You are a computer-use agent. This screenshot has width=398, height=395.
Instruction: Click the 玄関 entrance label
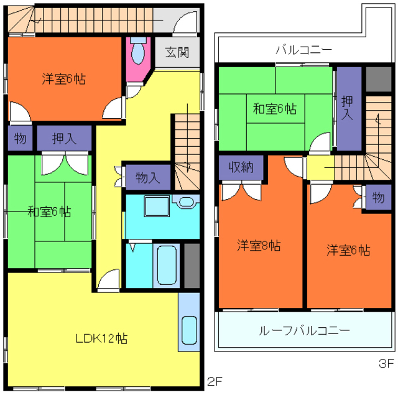tap(177, 52)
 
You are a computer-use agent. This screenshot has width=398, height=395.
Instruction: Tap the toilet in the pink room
tap(138, 50)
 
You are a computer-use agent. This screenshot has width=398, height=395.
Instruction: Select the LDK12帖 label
tap(101, 338)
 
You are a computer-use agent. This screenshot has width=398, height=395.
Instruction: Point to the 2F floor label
tap(215, 381)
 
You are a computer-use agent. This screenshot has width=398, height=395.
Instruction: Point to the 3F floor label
tap(386, 363)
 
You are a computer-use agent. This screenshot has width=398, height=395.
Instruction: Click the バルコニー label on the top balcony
tap(304, 50)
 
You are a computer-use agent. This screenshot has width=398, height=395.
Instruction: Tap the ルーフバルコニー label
tap(304, 330)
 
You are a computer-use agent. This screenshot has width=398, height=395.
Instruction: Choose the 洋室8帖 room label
tap(259, 245)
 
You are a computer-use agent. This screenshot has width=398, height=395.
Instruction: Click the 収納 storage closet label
tap(241, 167)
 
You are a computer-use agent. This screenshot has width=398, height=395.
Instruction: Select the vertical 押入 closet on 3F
tap(349, 109)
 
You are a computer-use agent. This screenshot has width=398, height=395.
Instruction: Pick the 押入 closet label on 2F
tap(65, 139)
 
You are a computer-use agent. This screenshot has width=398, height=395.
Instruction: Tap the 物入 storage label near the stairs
tap(148, 177)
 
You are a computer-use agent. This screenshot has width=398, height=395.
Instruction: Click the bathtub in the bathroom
tap(166, 265)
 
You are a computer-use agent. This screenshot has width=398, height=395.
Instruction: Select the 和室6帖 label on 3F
tap(275, 109)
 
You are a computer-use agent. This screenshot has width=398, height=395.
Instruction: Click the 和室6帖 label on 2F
tap(49, 211)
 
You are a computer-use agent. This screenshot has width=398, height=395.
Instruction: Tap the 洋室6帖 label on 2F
tap(63, 79)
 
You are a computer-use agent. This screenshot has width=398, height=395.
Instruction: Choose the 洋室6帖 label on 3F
tap(348, 250)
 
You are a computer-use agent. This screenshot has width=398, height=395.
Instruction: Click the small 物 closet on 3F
tap(379, 197)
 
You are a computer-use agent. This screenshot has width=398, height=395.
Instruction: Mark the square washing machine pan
tap(157, 206)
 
